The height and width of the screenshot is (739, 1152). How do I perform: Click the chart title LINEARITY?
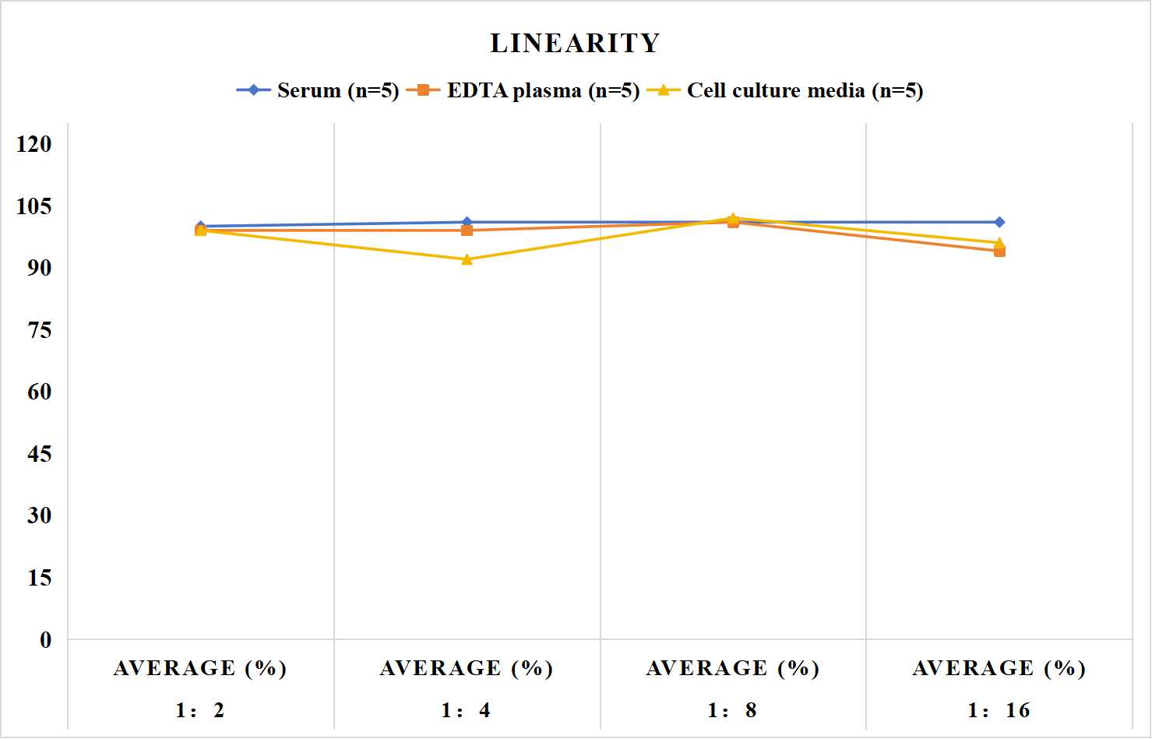click(575, 43)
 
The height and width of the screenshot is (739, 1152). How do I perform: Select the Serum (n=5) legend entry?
click(318, 90)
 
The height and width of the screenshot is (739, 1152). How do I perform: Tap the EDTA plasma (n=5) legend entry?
click(523, 90)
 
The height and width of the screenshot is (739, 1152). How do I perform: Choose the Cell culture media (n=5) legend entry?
click(785, 90)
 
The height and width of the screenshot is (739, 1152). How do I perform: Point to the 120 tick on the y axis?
click(34, 144)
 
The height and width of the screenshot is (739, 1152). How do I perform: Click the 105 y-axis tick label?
click(34, 206)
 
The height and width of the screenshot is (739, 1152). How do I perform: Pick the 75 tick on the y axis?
click(40, 330)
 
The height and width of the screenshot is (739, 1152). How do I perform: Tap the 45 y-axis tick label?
click(40, 454)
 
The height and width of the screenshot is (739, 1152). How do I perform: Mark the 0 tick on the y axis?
click(46, 640)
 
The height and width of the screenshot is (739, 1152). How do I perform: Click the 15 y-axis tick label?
click(40, 578)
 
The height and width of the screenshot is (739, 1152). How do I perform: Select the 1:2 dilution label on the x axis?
click(200, 710)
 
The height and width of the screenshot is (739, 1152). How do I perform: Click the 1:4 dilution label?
click(467, 710)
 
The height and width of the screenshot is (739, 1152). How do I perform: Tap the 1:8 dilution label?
click(733, 710)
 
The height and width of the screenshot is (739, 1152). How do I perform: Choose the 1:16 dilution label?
click(999, 710)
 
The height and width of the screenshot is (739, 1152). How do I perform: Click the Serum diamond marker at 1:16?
click(999, 222)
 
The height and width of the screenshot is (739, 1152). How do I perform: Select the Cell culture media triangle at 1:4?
click(467, 259)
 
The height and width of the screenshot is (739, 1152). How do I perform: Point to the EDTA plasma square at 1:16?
click(999, 252)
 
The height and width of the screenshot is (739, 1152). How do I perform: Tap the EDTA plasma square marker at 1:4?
click(467, 230)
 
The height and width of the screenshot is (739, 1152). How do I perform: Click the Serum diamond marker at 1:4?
click(467, 222)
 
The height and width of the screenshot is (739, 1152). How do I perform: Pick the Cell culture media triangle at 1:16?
click(999, 242)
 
